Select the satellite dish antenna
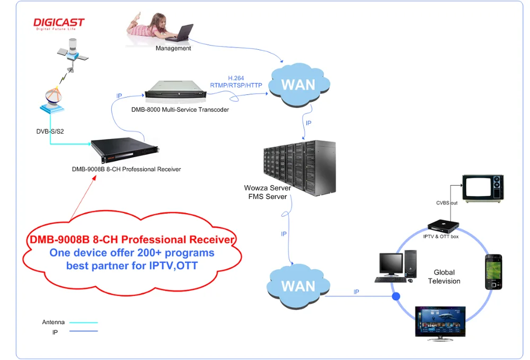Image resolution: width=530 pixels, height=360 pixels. pyautogui.click(x=52, y=100)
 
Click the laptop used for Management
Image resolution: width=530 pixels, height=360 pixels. pyautogui.click(x=181, y=33)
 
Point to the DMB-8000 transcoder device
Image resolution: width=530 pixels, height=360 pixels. pyautogui.click(x=175, y=90)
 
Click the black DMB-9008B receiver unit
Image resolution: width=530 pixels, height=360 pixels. pyautogui.click(x=125, y=150)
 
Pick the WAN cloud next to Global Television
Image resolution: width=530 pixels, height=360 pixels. pyautogui.click(x=298, y=286)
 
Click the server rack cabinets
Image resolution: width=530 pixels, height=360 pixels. pyautogui.click(x=299, y=168)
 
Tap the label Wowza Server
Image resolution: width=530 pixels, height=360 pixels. pyautogui.click(x=267, y=188)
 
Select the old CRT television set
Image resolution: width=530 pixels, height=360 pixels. pyautogui.click(x=483, y=189)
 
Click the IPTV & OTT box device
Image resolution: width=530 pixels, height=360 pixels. pyautogui.click(x=443, y=226)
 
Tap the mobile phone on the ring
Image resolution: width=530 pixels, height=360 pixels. pyautogui.click(x=493, y=272)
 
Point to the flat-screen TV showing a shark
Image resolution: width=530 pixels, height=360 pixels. pyautogui.click(x=440, y=323)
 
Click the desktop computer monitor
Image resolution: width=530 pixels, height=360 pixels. pyautogui.click(x=391, y=264)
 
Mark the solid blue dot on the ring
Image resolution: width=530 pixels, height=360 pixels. pyautogui.click(x=396, y=296)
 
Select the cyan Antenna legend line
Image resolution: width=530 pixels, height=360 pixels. pyautogui.click(x=84, y=322)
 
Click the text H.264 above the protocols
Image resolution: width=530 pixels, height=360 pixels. pyautogui.click(x=236, y=78)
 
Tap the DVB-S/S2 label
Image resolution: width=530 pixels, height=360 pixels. pyautogui.click(x=50, y=131)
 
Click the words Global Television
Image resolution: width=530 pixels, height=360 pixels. pyautogui.click(x=444, y=277)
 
